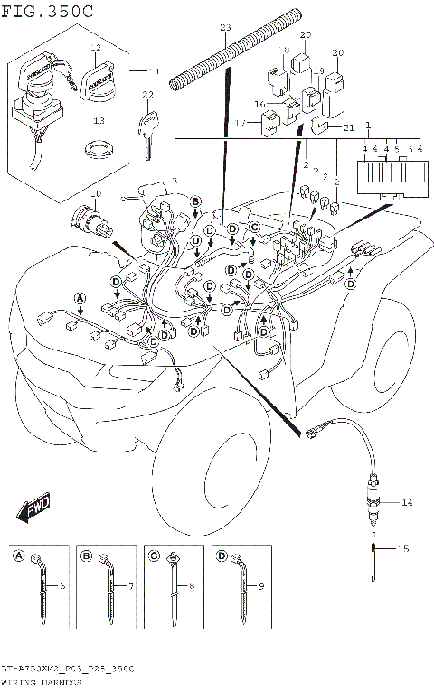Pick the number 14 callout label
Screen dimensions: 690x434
(406, 501)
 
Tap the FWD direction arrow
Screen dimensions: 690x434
(33, 508)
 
